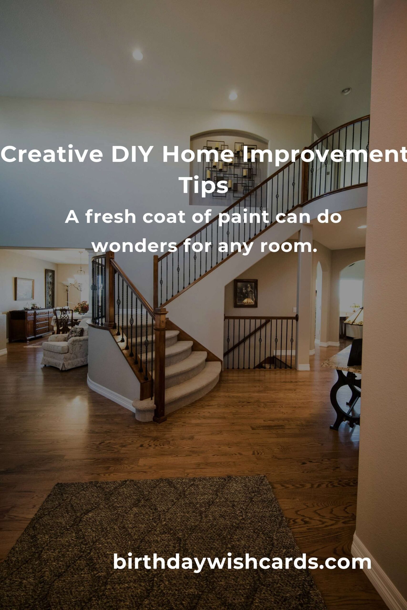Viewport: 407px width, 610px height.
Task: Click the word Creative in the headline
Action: click(x=52, y=154)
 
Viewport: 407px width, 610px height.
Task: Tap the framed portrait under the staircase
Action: click(x=246, y=293)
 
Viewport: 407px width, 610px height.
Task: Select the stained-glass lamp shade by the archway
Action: click(x=354, y=317)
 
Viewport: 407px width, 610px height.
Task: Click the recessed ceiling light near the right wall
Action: click(x=346, y=91)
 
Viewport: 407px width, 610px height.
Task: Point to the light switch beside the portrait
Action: click(x=295, y=310)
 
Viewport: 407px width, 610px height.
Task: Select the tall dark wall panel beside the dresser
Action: click(x=50, y=288)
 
